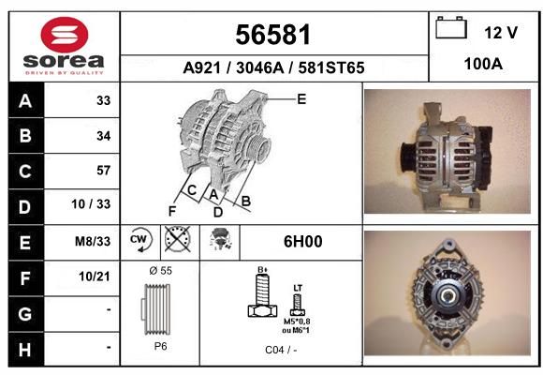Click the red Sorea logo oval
coord(65,35)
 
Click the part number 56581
coord(272,35)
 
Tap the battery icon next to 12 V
coord(451,27)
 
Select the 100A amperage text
coord(483,64)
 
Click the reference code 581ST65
coord(331,67)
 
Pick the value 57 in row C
coord(104,171)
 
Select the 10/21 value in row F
coord(95,277)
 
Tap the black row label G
coord(25,314)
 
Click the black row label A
coord(25,101)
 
